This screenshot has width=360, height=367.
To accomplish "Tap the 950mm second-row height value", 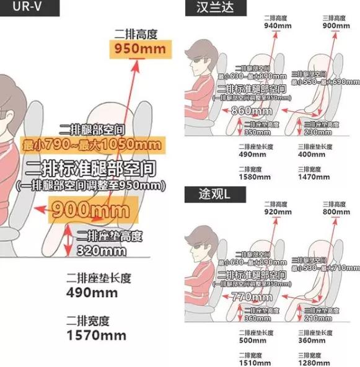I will click(136, 48).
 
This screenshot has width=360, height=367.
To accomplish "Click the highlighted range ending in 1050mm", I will click(92, 145).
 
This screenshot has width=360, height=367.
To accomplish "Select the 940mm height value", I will click(276, 25).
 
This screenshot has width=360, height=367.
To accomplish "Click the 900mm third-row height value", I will click(336, 25).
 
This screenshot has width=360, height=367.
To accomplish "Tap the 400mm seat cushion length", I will click(307, 154).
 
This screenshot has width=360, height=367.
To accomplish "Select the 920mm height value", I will click(276, 211).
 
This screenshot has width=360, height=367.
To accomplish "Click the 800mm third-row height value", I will click(336, 211).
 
